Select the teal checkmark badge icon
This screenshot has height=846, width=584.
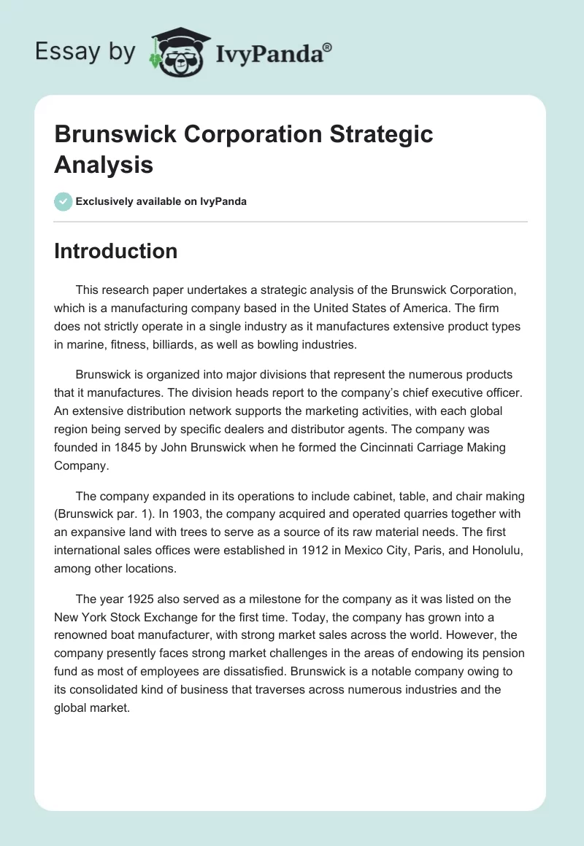point(63,201)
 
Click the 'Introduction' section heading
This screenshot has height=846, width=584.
point(115,251)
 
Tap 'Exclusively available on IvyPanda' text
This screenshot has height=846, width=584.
point(161,201)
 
